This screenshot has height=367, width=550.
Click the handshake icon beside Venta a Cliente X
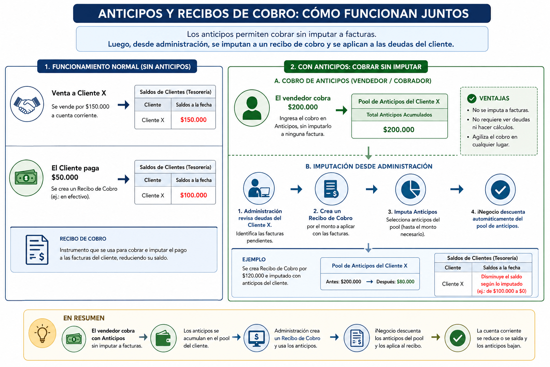[27, 104]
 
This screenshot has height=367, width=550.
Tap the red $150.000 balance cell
[193, 120]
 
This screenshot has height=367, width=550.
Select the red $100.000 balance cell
[193, 195]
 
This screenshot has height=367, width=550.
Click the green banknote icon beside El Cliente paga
[26, 178]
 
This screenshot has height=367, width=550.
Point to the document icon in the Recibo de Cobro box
[37, 250]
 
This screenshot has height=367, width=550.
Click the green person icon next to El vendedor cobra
[252, 108]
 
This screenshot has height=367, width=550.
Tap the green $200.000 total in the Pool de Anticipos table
[399, 129]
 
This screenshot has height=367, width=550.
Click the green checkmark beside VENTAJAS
[472, 98]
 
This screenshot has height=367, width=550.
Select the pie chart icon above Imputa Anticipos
[411, 190]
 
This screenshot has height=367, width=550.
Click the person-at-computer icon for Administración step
[259, 188]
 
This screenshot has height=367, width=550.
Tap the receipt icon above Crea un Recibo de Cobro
[331, 189]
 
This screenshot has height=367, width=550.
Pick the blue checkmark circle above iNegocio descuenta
[500, 190]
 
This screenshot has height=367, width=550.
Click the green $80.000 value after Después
[406, 282]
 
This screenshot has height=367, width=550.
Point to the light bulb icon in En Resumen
[42, 333]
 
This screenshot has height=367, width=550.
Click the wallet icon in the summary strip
[164, 338]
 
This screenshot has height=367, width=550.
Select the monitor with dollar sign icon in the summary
[257, 338]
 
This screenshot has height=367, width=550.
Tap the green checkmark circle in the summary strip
[457, 338]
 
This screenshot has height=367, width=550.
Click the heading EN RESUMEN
[84, 318]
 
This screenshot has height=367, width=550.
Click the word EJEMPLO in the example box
[254, 259]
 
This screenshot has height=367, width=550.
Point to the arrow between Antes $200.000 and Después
[370, 282]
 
